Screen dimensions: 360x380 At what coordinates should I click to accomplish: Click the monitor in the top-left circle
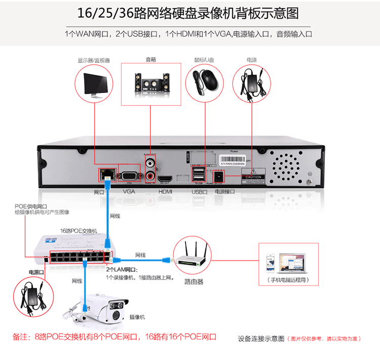point(95,84)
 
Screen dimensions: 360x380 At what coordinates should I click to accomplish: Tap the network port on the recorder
point(106,175)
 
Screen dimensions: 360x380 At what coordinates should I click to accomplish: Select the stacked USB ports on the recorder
point(198,175)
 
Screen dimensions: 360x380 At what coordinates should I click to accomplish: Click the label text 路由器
point(194,281)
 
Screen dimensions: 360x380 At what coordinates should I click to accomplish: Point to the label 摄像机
point(137,317)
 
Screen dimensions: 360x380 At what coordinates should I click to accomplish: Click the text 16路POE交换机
point(79,230)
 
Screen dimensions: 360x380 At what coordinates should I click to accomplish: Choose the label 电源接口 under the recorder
point(225,192)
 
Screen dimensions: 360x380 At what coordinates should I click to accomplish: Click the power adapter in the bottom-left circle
point(33,297)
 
